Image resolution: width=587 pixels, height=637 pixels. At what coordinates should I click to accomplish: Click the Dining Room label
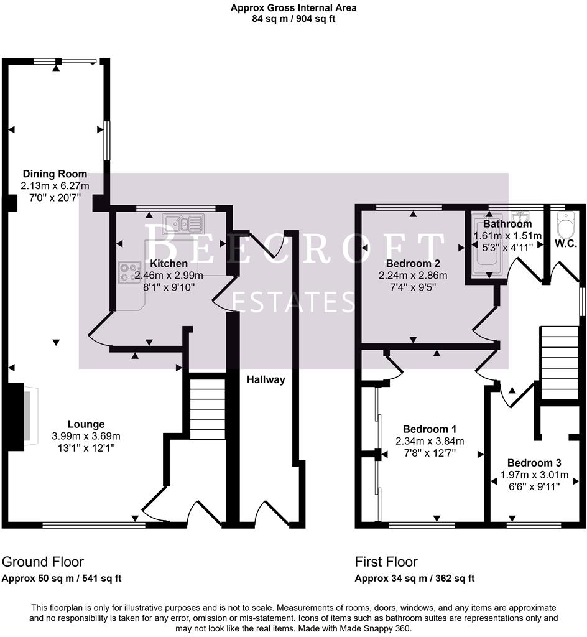tap(55, 174)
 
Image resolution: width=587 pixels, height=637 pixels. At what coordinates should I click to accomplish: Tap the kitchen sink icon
tap(183, 222)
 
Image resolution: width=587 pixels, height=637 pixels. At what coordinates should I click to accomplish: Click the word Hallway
tap(266, 379)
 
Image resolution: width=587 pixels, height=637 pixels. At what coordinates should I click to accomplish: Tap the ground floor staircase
tap(206, 407)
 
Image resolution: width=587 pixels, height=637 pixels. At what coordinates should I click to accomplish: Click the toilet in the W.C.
tap(566, 223)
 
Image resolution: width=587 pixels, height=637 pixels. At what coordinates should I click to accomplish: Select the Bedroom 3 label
tap(534, 463)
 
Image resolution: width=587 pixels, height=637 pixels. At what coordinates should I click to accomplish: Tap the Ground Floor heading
tap(43, 562)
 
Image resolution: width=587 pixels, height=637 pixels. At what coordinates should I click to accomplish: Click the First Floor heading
tap(386, 562)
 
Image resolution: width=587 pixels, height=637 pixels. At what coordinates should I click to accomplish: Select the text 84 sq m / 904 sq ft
tap(293, 19)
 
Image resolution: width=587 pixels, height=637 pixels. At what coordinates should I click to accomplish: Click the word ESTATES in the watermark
tap(293, 302)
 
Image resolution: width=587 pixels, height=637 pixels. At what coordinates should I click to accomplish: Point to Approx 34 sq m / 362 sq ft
tap(415, 579)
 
